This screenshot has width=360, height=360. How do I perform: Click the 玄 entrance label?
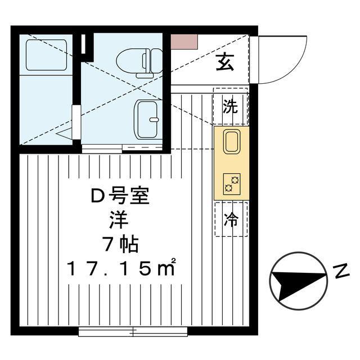point(225,62)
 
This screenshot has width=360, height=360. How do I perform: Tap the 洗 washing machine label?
point(230,106)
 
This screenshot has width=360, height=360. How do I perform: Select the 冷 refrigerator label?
point(231,219)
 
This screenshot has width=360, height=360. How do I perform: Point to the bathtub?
point(46,55)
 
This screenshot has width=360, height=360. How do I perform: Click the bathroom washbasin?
point(147,119)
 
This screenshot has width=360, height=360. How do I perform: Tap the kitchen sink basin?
point(232,141)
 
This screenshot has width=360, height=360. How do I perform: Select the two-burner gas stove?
point(232,184)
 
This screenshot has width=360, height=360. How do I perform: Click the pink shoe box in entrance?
point(184,41)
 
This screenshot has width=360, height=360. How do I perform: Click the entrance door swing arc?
point(296,69)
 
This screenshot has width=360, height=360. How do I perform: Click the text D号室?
point(120,196)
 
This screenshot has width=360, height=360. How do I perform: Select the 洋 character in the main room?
point(119,220)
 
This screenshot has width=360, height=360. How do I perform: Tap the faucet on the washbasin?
point(154,119)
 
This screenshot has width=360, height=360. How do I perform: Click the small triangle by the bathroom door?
point(64,134)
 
